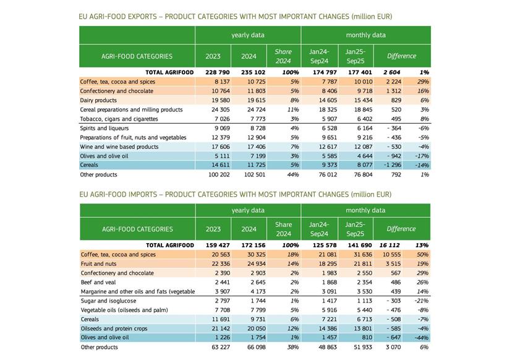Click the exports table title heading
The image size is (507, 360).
pos(235,16)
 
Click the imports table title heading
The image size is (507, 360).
pos(235,194)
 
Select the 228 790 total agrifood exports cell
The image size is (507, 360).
pos(213,72)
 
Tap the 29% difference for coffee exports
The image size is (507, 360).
pos(423,82)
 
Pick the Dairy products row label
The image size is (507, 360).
pos(98,100)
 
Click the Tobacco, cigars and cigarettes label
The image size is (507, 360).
pos(119,119)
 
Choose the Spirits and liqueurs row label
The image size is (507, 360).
pos(104,128)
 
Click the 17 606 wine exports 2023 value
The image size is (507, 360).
pos(213,147)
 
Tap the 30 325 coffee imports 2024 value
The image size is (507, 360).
pos(249,254)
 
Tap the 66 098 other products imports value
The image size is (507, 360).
pos(249,347)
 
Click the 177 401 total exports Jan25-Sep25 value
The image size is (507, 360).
pos(356,72)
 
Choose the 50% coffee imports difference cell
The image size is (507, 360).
pos(423,254)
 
